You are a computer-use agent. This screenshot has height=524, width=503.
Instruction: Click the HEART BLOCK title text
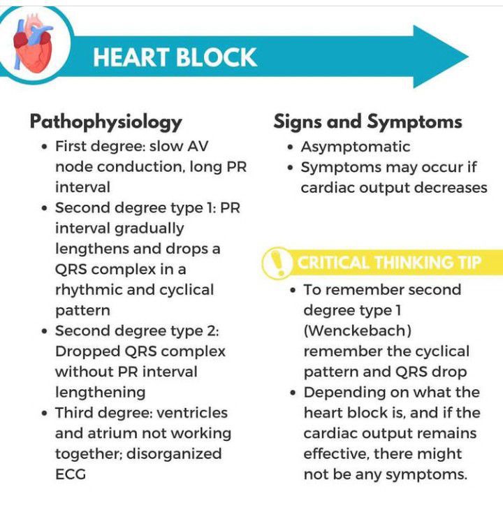[175, 57]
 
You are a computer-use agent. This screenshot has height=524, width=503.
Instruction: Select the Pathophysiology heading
[105, 122]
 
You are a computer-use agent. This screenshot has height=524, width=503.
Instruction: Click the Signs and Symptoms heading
[367, 122]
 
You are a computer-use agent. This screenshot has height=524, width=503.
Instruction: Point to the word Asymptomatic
[356, 147]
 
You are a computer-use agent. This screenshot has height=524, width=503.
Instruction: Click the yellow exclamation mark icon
[277, 263]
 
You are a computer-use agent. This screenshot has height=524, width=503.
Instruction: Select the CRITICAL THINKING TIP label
[389, 263]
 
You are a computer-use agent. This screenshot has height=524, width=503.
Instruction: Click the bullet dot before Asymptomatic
[290, 147]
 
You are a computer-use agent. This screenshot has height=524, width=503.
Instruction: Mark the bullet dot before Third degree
[44, 414]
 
